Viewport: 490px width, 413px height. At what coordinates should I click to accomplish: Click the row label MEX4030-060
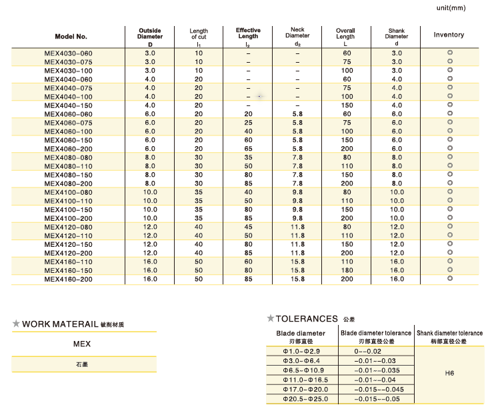[x=69, y=53]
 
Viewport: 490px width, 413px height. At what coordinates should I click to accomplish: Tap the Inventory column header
[x=449, y=35]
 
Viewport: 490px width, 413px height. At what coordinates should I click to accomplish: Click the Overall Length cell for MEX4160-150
[x=347, y=270]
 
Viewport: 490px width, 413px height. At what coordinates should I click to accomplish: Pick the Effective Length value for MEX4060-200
[x=248, y=148]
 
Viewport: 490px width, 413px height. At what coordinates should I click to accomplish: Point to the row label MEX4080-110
[x=69, y=165]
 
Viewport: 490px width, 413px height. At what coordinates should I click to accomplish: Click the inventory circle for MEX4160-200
[x=449, y=279]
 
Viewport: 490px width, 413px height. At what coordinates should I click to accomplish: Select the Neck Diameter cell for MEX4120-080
[x=297, y=227]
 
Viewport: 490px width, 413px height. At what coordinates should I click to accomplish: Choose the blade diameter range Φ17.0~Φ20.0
[x=301, y=389]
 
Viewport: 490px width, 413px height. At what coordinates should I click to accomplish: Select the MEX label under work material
[x=82, y=344]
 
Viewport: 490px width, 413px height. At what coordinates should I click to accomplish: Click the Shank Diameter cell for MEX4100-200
[x=397, y=218]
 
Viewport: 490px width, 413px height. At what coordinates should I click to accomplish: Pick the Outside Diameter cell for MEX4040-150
[x=150, y=105]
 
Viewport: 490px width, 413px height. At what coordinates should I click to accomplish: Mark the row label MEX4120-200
[x=69, y=253]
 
